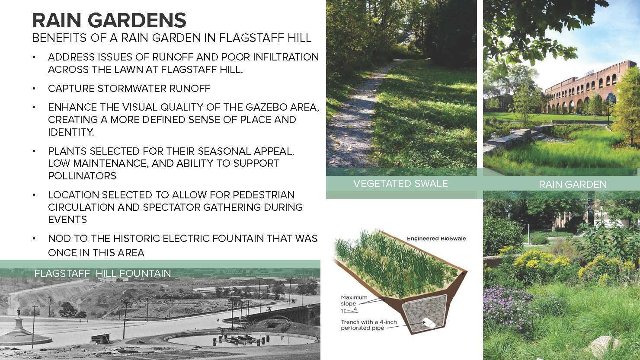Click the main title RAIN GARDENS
coord(109,20)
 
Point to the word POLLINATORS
coord(82,175)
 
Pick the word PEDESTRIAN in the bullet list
coord(264,195)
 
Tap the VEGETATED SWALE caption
coord(400,184)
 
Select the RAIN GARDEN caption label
coord(573,185)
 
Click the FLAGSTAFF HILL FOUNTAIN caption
coord(102,274)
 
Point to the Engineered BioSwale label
coord(436,239)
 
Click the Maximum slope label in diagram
coord(354,300)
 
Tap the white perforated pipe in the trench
coord(429,323)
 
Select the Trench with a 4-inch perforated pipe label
coord(368,325)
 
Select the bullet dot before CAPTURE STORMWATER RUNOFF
coord(34,89)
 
